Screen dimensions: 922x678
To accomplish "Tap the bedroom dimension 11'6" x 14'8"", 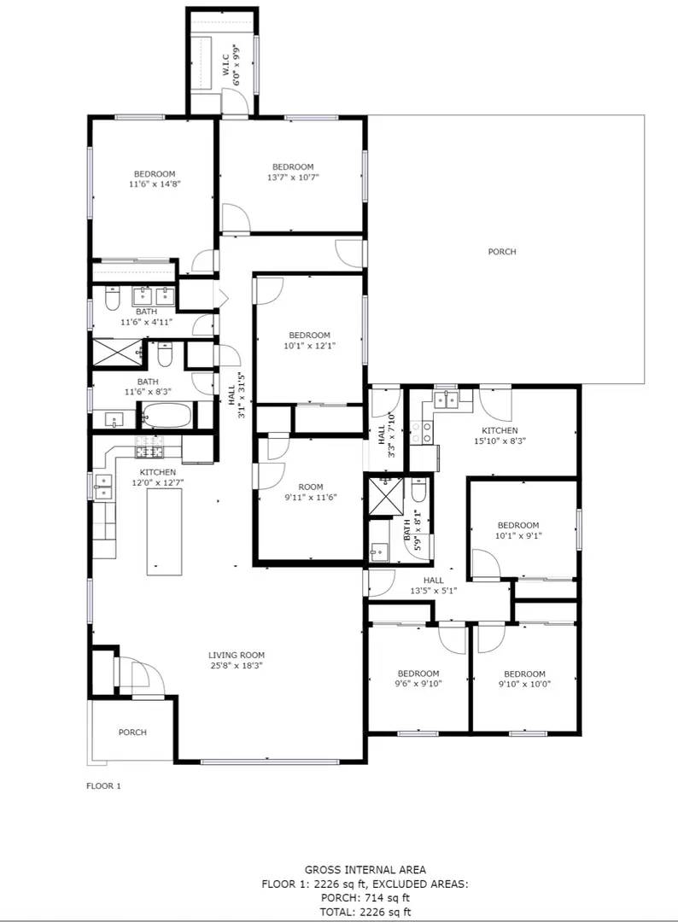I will pyautogui.click(x=154, y=184).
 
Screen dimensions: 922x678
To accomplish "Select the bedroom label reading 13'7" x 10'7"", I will pyautogui.click(x=293, y=178).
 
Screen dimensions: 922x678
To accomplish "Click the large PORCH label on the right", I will pyautogui.click(x=502, y=252).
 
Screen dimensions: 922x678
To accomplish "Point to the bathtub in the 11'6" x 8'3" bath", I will pyautogui.click(x=167, y=416).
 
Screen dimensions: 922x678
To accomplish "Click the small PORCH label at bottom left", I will pyautogui.click(x=132, y=732).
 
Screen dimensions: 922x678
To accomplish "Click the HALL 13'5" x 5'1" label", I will pyautogui.click(x=434, y=585).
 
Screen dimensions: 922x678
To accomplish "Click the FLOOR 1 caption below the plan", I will pyautogui.click(x=103, y=786).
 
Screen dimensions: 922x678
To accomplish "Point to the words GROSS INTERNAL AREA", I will pyautogui.click(x=365, y=870).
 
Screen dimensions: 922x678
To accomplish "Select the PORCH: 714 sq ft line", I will pyautogui.click(x=365, y=897).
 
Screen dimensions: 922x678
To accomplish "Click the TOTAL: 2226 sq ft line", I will pyautogui.click(x=365, y=911).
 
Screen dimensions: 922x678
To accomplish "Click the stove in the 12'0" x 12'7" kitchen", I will pyautogui.click(x=149, y=451).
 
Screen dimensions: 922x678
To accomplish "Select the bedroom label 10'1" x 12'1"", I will pyautogui.click(x=309, y=341).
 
